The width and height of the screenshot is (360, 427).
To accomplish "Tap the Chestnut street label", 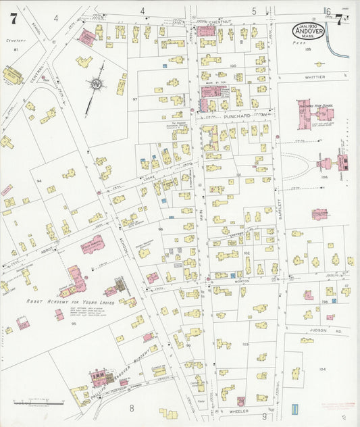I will pos(220,22).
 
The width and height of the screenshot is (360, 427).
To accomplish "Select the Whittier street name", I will pos(315,77).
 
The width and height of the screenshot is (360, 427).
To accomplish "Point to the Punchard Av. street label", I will pos(228,115).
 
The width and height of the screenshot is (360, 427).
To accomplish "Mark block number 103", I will pos(245,344).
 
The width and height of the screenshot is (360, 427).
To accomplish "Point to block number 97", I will pos(134,99).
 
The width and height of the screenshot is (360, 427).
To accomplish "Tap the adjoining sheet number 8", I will pos(132,408).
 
